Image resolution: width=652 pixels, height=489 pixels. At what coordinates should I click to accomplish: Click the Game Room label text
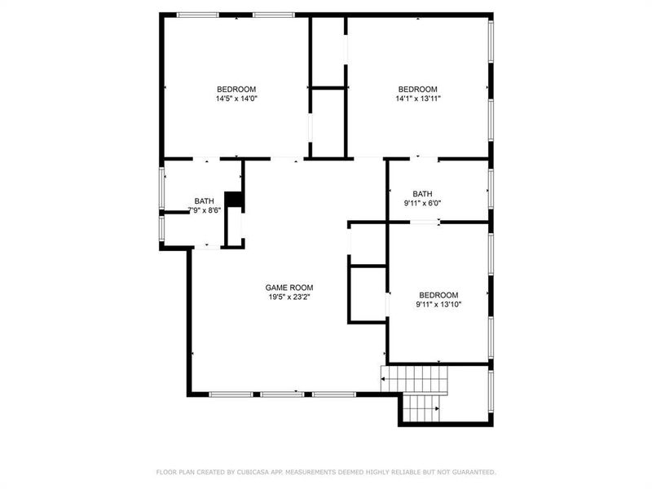[x=289, y=288]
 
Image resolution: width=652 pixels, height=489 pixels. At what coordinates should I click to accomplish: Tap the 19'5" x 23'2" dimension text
[x=289, y=297]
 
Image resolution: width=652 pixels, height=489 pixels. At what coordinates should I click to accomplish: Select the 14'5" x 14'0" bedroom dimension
[x=236, y=99]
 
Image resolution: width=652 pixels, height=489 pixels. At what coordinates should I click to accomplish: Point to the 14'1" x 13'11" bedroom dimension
[x=417, y=99]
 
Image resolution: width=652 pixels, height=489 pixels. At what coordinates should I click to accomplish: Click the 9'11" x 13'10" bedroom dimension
[x=438, y=305]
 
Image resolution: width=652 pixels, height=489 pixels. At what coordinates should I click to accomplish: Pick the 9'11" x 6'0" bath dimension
[x=422, y=203]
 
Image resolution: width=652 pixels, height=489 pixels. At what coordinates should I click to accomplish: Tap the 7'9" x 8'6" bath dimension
[x=203, y=210]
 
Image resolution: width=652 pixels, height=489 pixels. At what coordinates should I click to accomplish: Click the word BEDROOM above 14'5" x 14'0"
[x=236, y=89]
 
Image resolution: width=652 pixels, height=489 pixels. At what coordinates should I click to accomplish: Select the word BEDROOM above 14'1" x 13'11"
[x=417, y=89]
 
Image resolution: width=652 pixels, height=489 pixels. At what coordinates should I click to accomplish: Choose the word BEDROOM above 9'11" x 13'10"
[x=438, y=295]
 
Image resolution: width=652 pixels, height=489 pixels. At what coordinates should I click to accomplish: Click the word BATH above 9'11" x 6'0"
[x=422, y=193]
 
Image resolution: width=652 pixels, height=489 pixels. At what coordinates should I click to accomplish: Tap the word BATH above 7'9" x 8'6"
[x=204, y=200]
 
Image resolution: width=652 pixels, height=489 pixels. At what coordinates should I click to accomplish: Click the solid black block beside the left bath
[x=234, y=200]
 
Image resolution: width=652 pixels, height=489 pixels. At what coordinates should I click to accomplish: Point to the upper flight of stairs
[x=416, y=377]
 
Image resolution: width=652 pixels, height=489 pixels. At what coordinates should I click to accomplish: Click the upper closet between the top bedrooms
[x=328, y=51]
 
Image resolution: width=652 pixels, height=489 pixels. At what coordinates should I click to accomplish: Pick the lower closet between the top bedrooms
[x=328, y=121]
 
